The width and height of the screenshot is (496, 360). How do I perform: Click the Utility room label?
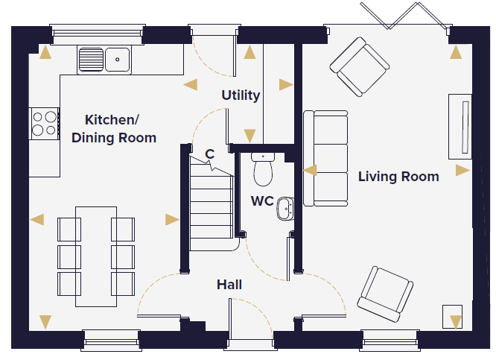[241, 95]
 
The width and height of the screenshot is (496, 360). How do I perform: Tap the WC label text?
[262, 201]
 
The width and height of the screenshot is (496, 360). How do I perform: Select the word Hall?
[229, 285]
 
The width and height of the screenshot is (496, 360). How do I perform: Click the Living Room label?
[398, 177]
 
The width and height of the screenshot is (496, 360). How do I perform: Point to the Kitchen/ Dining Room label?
[113, 129]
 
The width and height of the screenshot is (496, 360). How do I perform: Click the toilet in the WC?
[263, 169]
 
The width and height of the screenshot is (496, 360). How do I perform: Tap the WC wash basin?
[285, 209]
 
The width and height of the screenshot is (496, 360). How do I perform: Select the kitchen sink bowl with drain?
[118, 60]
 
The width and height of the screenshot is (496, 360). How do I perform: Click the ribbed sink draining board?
[91, 60]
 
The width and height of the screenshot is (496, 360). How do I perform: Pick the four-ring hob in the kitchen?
[44, 124]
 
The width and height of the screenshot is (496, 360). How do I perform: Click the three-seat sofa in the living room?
[325, 158]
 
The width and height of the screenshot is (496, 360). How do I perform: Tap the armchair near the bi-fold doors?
[360, 66]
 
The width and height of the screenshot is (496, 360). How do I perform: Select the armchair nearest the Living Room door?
[385, 294]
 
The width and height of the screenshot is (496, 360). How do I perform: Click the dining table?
[96, 257]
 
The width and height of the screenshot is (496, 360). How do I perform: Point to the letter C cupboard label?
[210, 154]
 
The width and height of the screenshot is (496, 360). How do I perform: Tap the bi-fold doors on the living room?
[406, 16]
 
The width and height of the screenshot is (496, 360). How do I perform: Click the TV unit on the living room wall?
[460, 127]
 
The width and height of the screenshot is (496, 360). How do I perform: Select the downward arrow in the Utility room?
[249, 136]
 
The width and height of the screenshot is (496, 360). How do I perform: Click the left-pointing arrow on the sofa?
[310, 170]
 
